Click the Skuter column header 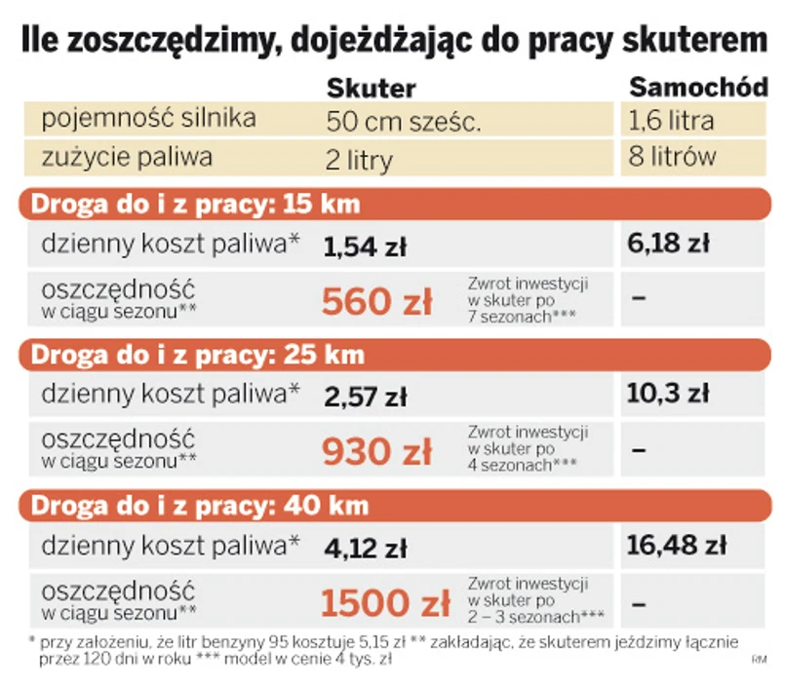[x=372, y=88]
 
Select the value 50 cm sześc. [x=405, y=123]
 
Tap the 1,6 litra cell [x=672, y=121]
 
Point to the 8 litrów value [x=673, y=156]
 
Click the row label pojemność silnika [x=149, y=120]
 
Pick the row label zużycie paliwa [x=127, y=156]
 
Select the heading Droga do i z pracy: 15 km [x=196, y=205]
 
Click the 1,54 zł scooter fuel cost [x=364, y=248]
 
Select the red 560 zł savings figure [x=376, y=302]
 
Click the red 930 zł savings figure [x=376, y=451]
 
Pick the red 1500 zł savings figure [x=384, y=602]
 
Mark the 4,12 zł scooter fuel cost [x=364, y=548]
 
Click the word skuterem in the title [x=681, y=40]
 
